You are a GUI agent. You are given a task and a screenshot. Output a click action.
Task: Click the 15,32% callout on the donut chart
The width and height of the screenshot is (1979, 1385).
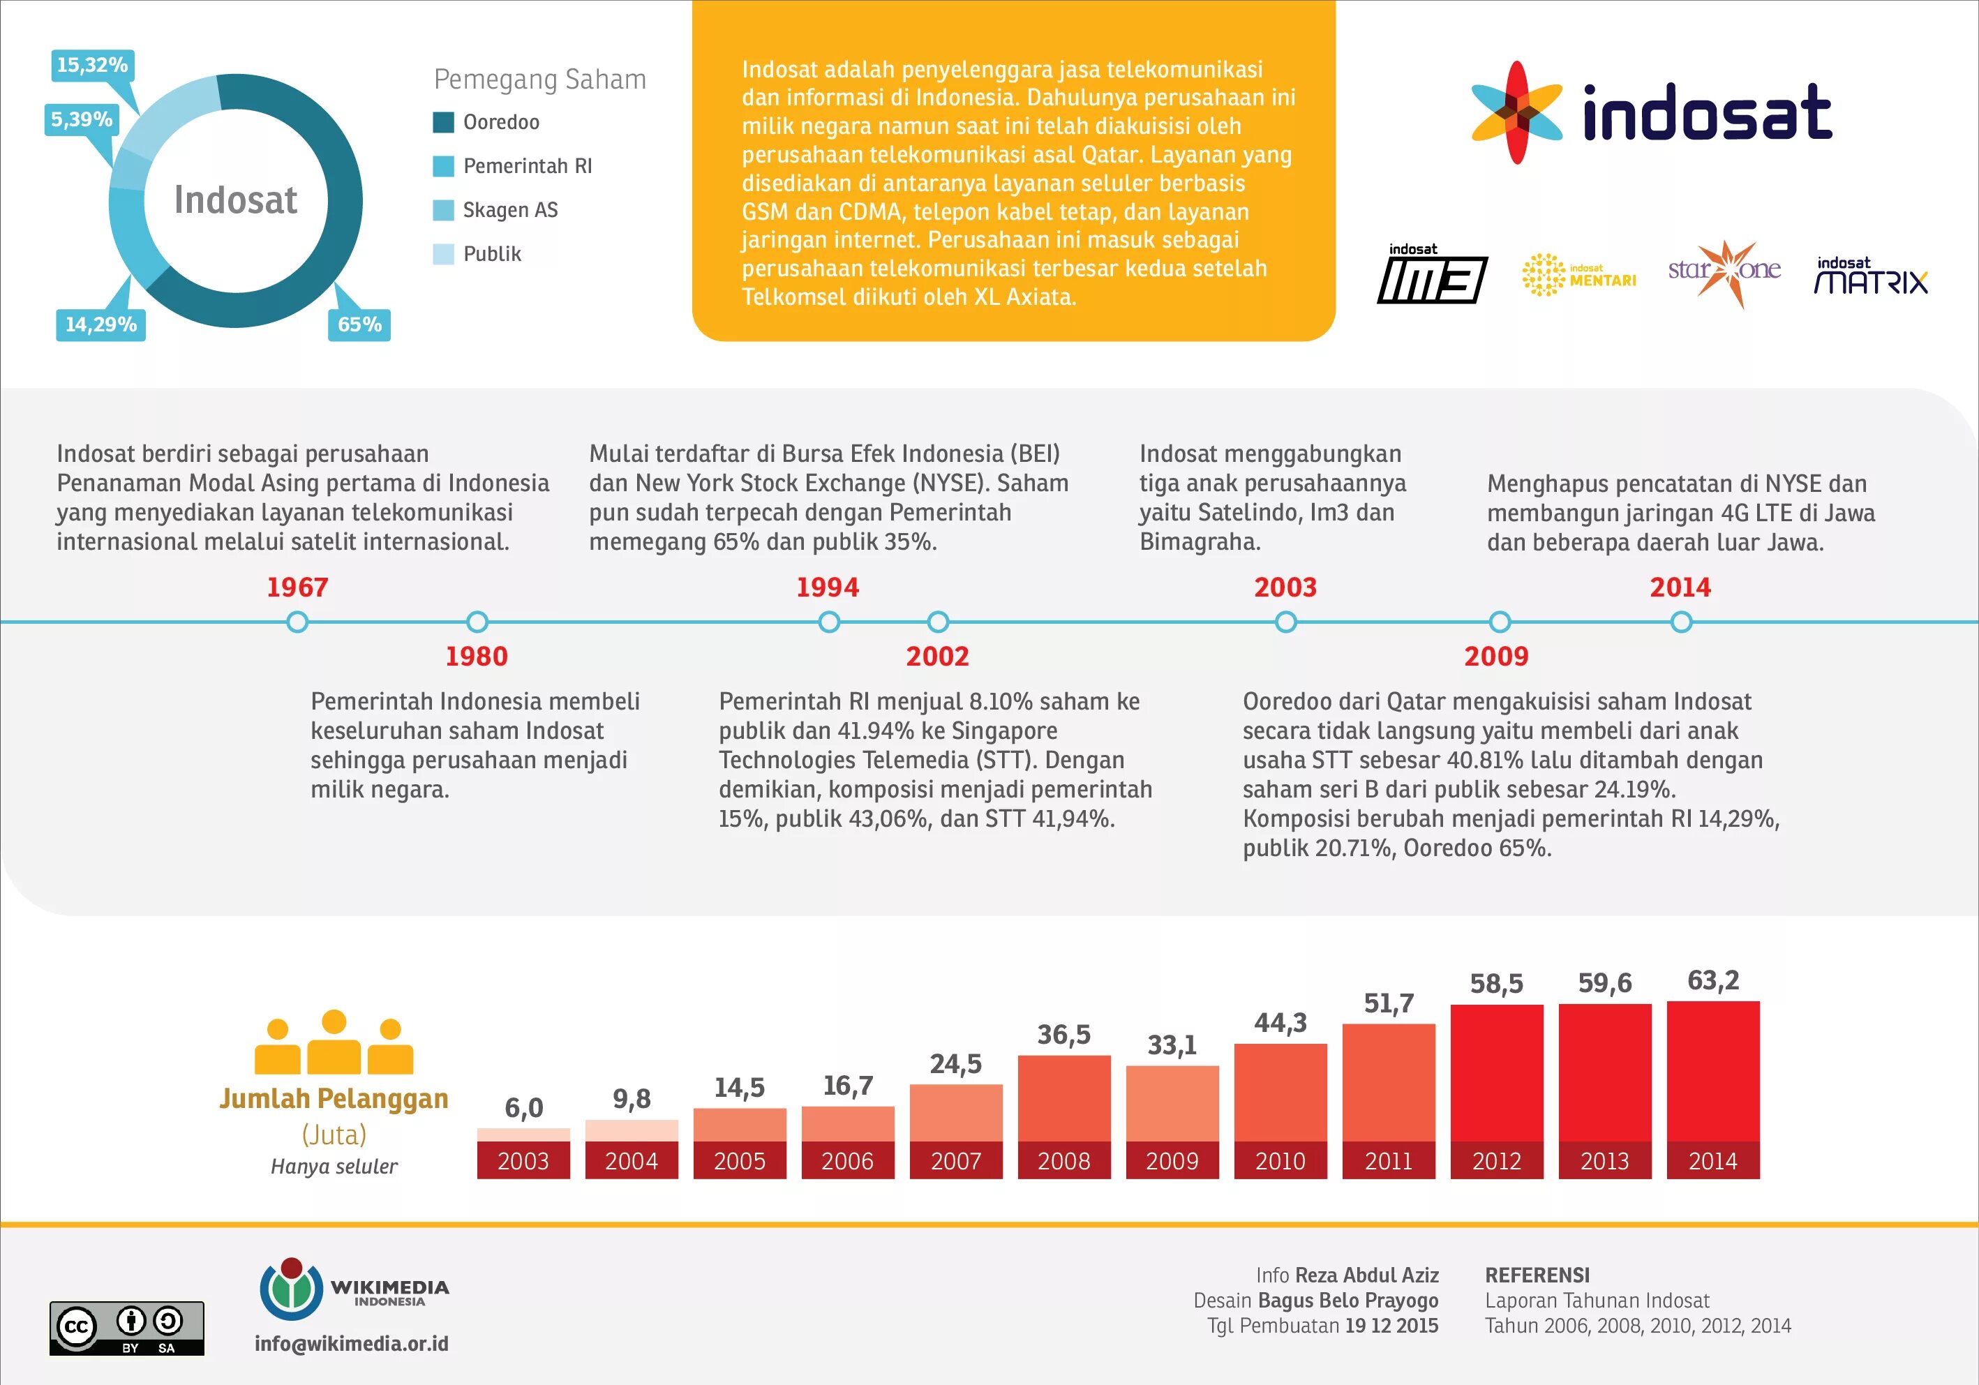point(92,66)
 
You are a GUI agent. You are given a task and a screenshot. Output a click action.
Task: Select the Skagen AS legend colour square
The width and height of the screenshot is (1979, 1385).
point(443,210)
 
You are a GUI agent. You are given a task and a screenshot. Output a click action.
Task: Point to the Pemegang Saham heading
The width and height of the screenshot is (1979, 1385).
point(539,80)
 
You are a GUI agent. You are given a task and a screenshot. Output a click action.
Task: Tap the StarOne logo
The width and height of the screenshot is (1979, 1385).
point(1724,271)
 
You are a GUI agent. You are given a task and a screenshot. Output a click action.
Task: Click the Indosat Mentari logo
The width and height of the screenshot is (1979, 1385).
point(1578,275)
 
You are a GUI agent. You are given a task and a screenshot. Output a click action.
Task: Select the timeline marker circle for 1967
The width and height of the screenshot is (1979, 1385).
point(297,622)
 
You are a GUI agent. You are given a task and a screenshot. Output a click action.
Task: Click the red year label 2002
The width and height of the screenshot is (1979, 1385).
point(937,657)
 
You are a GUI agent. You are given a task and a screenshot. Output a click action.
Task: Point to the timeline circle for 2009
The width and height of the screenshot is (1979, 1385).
point(1500,622)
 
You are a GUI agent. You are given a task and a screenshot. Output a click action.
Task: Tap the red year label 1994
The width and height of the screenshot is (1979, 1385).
point(828,587)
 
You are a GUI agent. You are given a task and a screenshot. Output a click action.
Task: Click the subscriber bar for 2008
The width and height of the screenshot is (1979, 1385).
point(1063,1099)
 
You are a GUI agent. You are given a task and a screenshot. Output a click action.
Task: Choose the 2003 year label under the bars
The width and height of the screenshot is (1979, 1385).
point(523,1161)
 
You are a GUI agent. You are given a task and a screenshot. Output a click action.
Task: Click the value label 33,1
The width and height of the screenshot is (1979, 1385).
point(1172,1045)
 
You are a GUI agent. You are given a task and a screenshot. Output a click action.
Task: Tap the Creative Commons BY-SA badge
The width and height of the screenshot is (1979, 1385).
point(127,1328)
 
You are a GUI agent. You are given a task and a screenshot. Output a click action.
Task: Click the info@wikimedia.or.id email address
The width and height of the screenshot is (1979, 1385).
point(352,1344)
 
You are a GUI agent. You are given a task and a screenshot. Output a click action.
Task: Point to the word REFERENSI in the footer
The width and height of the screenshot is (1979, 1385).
point(1537,1275)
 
